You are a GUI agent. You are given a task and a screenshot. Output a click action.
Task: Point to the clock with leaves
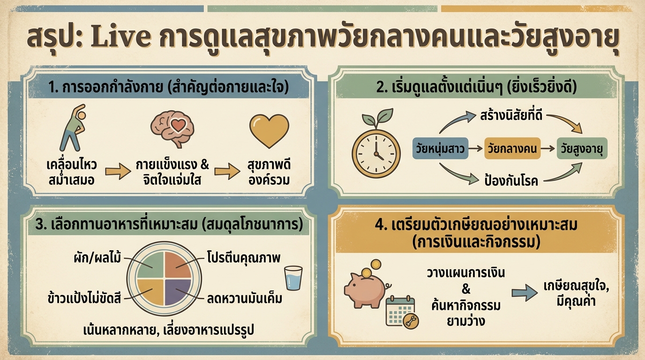click(x=375, y=146)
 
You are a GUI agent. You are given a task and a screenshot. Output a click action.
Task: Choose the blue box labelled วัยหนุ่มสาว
click(x=440, y=149)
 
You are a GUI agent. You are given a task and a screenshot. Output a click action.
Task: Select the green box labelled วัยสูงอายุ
click(x=581, y=149)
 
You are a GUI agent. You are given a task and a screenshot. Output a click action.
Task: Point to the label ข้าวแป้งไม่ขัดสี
click(x=84, y=298)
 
